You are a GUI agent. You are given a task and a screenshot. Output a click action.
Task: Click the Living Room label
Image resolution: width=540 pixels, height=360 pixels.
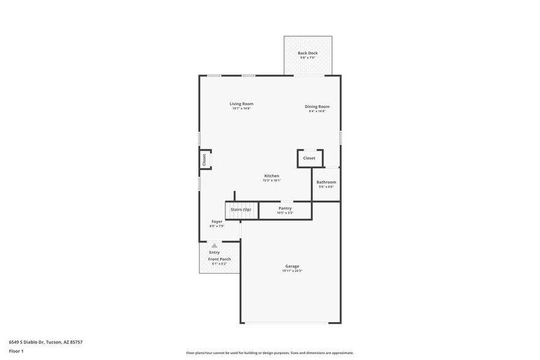tap(241, 104)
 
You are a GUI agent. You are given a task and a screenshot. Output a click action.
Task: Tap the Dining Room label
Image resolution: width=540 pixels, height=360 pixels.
tap(317, 107)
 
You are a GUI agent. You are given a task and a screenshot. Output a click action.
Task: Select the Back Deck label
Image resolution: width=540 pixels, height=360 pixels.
tap(308, 53)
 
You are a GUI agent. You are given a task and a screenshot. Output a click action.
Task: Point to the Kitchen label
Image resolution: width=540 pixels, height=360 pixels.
tap(271, 176)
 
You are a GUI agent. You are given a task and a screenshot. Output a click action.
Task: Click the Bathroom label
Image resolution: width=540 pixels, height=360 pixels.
tap(326, 182)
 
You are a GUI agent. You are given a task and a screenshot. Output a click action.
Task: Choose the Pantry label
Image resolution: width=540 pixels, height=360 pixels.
tap(285, 208)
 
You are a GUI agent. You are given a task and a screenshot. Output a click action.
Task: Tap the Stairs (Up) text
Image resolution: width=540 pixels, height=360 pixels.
tap(241, 210)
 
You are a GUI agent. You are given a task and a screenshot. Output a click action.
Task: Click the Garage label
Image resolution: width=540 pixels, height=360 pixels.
tap(291, 266)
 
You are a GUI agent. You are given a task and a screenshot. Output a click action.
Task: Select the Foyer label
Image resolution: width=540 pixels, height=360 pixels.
tap(217, 221)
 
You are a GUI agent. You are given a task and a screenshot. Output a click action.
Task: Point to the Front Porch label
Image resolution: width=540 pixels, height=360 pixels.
tap(219, 259)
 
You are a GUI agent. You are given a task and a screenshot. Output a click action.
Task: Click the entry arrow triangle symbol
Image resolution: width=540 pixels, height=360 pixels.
tap(214, 245)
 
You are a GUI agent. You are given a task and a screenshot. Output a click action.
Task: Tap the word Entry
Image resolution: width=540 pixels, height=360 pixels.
tap(214, 252)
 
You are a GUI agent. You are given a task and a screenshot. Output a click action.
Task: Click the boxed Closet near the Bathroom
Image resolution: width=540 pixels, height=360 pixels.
tap(309, 158)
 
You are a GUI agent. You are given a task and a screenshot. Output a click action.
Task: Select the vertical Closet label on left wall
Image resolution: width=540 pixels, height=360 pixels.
tap(204, 159)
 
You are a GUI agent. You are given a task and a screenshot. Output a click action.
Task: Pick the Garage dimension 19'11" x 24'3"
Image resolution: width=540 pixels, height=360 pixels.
tap(292, 271)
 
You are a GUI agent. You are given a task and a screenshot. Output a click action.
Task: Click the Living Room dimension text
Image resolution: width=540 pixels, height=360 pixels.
tap(241, 109)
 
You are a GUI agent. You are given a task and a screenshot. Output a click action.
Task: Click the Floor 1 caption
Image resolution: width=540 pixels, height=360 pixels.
tap(17, 351)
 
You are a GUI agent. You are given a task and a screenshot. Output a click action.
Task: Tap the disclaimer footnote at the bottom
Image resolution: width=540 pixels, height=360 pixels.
tap(269, 353)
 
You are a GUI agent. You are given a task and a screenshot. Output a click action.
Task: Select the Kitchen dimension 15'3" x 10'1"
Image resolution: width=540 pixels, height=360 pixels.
tap(271, 181)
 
